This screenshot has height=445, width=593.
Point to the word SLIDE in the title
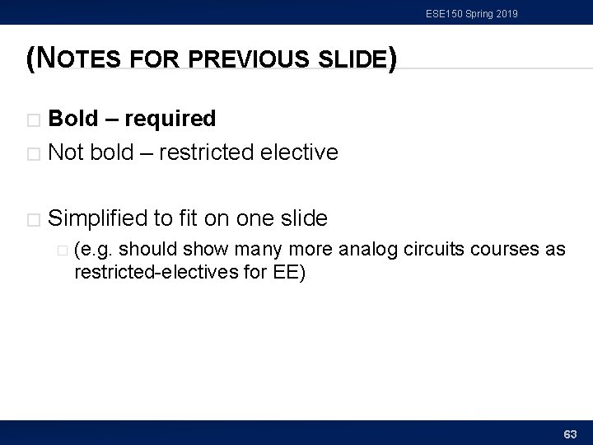(x=346, y=60)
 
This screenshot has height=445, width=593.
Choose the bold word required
(x=169, y=119)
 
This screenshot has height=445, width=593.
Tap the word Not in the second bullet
(x=66, y=152)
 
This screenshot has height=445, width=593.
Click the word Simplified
(x=98, y=218)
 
